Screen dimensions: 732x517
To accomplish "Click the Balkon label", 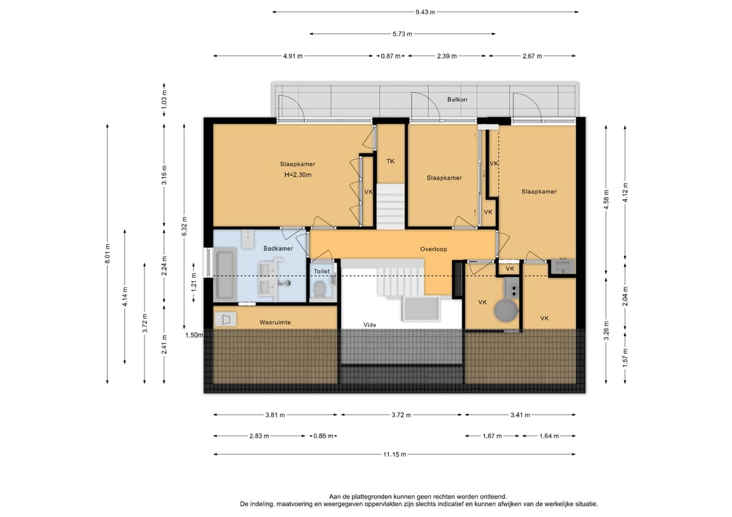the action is pyautogui.click(x=457, y=100).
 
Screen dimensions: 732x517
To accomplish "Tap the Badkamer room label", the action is pyautogui.click(x=279, y=248).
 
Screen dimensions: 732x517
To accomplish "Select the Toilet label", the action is pyautogui.click(x=322, y=271).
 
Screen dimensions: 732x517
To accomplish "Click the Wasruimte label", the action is pyautogui.click(x=275, y=323).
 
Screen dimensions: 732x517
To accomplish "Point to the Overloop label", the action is pyautogui.click(x=433, y=249).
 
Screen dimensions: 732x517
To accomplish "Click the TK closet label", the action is pyautogui.click(x=390, y=161).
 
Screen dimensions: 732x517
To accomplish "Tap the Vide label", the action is pyautogui.click(x=370, y=325).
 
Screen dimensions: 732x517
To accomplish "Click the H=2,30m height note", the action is pyautogui.click(x=298, y=175).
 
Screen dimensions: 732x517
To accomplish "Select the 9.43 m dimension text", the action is pyautogui.click(x=425, y=12).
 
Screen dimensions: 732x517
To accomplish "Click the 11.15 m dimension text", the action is pyautogui.click(x=394, y=454).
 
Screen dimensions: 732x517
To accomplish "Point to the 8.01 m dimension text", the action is pyautogui.click(x=107, y=254).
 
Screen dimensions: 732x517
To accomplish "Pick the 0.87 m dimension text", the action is pyautogui.click(x=391, y=56).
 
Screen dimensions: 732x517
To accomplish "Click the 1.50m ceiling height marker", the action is pyautogui.click(x=195, y=335).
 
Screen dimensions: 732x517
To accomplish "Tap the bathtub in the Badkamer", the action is pyautogui.click(x=225, y=276).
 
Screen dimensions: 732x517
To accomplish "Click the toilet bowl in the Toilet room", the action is pyautogui.click(x=320, y=289).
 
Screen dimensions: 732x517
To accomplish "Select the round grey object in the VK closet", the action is pyautogui.click(x=506, y=310).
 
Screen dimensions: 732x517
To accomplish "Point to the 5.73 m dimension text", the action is pyautogui.click(x=403, y=34).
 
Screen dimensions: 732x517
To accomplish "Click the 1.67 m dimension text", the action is pyautogui.click(x=492, y=436).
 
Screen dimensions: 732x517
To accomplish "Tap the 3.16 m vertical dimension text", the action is pyautogui.click(x=164, y=175).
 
